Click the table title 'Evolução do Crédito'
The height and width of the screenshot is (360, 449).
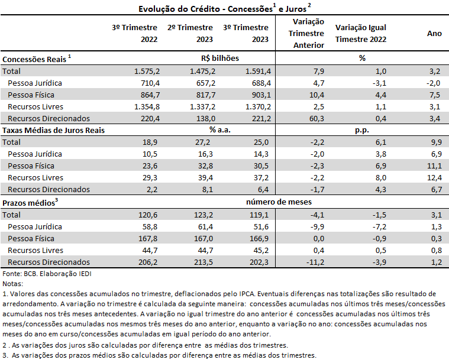179,9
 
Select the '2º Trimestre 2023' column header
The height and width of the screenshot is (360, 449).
190,33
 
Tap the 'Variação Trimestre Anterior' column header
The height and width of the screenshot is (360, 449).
306,33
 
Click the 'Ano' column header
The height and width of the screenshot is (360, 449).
434,34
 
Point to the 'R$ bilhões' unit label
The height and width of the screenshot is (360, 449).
220,58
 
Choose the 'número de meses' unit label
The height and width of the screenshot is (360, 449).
279,202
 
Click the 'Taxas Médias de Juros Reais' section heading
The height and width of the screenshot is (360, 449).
54,130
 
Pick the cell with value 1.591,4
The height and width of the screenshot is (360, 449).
258,72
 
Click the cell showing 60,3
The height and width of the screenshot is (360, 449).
316,118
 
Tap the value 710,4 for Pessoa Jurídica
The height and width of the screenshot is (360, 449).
150,83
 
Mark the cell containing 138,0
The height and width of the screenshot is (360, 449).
206,118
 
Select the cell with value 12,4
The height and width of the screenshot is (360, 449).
434,178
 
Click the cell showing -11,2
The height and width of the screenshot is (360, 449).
315,262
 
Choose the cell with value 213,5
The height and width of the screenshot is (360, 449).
203,262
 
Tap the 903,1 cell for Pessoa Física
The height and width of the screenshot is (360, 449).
261,95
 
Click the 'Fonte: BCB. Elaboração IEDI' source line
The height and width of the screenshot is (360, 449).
47,274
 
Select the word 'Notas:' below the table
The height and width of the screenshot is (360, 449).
12,284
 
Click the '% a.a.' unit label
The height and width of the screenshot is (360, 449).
220,130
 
